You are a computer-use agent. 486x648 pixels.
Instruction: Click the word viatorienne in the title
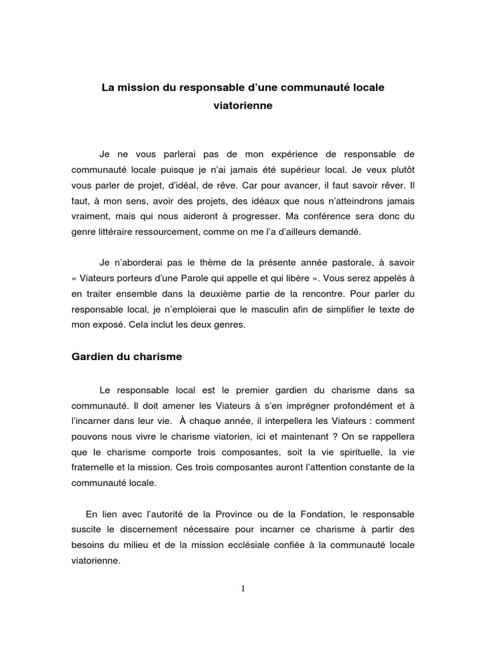pos(242,106)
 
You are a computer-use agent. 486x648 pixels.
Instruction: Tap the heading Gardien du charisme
pos(126,356)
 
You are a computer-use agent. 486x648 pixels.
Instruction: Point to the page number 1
pos(242,589)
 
